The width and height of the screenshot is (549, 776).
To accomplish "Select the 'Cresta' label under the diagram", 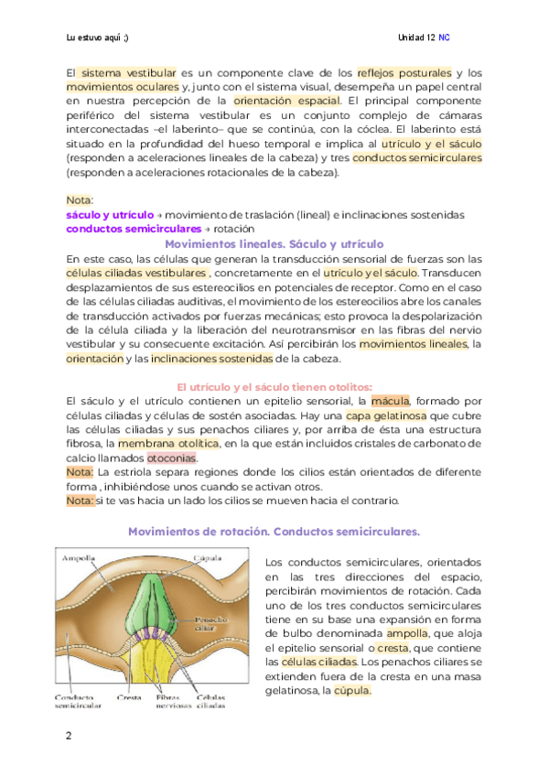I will click(x=129, y=695).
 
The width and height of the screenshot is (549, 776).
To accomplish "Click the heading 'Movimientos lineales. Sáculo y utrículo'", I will click(x=274, y=244).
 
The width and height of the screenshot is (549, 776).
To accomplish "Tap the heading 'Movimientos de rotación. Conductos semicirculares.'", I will click(x=274, y=531).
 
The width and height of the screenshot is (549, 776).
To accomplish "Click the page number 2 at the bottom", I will click(x=69, y=737).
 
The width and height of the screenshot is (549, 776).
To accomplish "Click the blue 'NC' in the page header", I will click(x=444, y=38).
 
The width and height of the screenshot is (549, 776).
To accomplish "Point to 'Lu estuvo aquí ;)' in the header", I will click(x=98, y=38).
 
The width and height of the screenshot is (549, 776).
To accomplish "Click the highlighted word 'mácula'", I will click(x=391, y=400).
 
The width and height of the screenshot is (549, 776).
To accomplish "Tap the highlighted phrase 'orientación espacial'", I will click(x=286, y=101).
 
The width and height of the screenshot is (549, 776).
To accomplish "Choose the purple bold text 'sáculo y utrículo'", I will click(x=102, y=214).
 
